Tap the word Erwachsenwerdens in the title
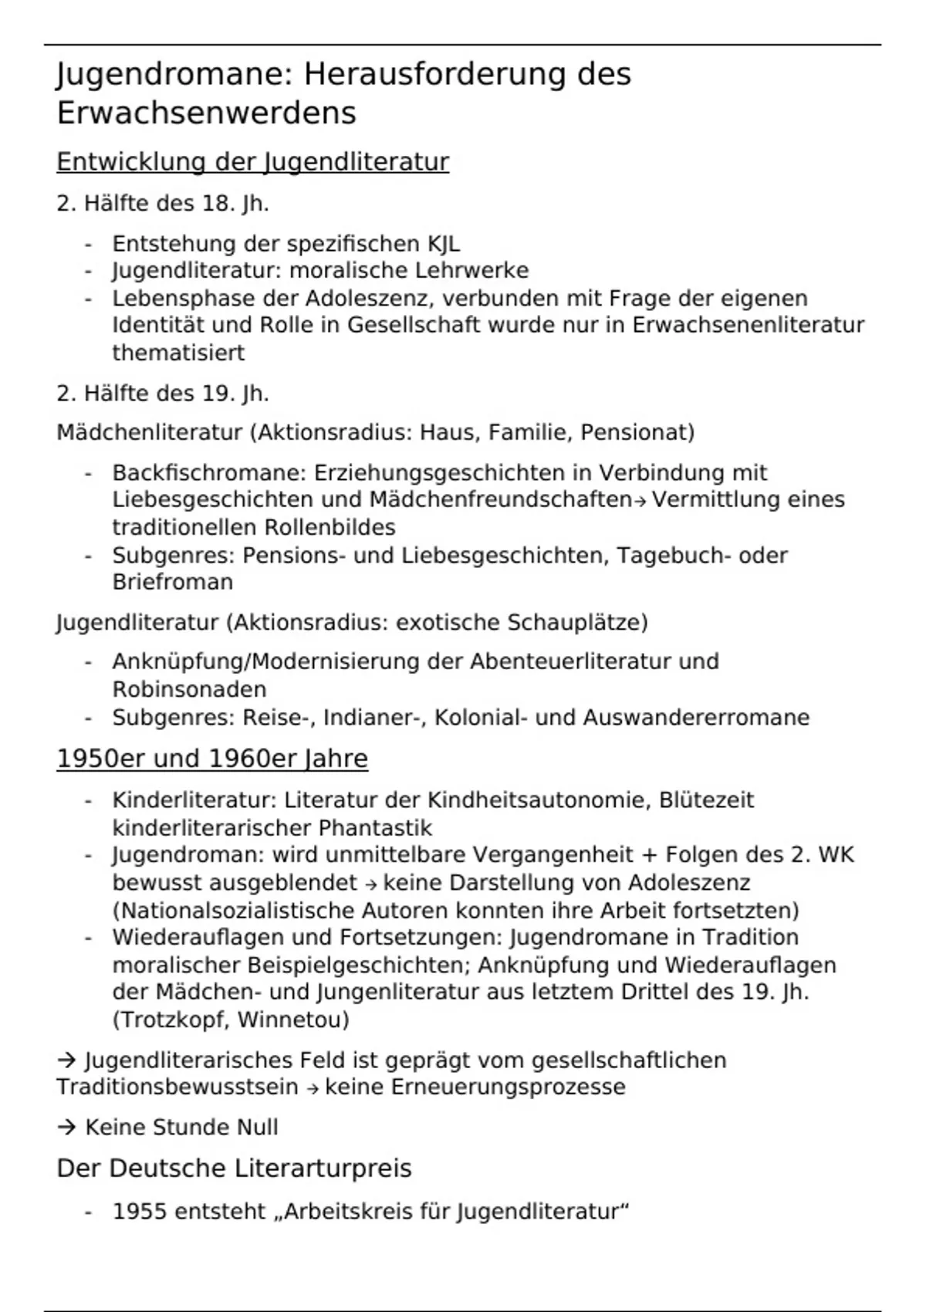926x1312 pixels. click(x=206, y=113)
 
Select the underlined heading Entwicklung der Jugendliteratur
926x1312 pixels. click(x=252, y=162)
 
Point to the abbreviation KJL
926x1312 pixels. click(x=444, y=244)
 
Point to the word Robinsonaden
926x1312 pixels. click(x=189, y=689)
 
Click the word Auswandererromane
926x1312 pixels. click(x=696, y=718)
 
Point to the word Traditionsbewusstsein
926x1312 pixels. click(x=177, y=1087)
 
